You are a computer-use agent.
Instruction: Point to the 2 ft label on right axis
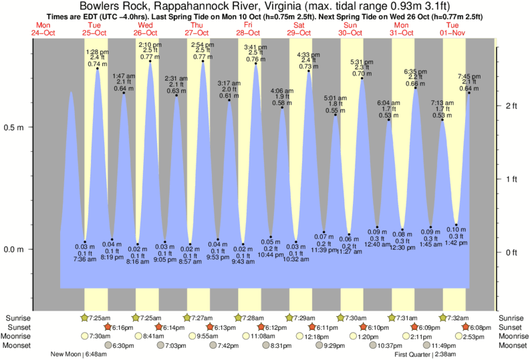pyautogui.click(x=513, y=106)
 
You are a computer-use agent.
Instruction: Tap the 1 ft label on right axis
pyautogui.click(x=513, y=179)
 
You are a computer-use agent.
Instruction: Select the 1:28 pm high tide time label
pyautogui.click(x=98, y=51)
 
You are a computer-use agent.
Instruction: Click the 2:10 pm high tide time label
pyautogui.click(x=150, y=45)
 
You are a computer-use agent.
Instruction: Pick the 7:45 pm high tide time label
pyautogui.click(x=469, y=76)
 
